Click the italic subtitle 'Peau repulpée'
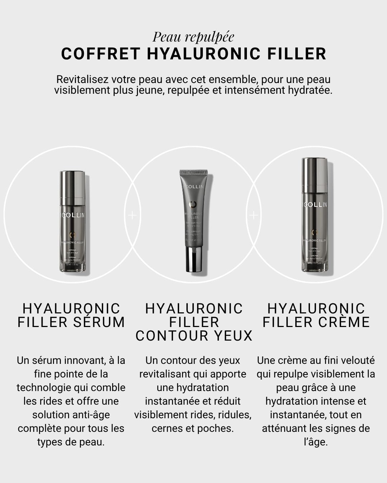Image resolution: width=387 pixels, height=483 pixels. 193,37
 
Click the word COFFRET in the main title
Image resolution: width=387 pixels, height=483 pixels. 100,54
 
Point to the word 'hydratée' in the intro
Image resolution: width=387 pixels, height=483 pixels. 310,90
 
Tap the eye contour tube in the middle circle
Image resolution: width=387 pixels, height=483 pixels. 193,215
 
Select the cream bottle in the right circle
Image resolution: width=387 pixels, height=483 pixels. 315,215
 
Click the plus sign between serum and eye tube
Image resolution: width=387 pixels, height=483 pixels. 132,215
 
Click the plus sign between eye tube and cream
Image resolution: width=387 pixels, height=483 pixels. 253,215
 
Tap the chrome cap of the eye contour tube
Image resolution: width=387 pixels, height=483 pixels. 193,259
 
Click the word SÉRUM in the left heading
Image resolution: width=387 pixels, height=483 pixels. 99,322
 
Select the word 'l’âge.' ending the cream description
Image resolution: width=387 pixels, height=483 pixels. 316,442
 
